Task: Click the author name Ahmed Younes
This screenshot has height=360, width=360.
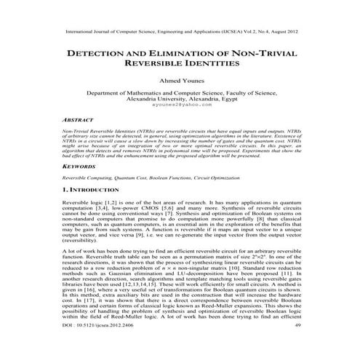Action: click(x=180, y=81)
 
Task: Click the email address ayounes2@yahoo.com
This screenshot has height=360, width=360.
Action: click(x=180, y=105)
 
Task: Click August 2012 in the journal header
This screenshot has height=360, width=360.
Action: click(x=281, y=32)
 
